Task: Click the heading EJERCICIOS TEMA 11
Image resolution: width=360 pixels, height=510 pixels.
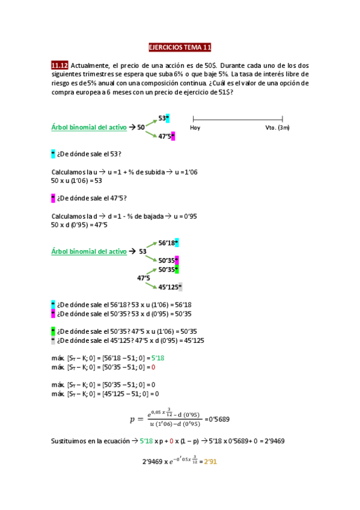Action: (x=180, y=48)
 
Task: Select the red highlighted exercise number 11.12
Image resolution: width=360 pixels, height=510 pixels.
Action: (x=59, y=65)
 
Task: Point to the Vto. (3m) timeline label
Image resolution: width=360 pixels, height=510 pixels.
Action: (x=277, y=127)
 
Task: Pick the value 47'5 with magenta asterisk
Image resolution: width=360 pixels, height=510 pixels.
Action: (x=165, y=137)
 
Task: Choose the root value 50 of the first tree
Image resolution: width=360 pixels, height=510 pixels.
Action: (x=141, y=127)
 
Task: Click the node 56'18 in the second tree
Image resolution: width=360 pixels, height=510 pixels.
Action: (x=166, y=243)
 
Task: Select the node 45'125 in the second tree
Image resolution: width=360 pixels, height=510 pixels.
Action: (x=169, y=287)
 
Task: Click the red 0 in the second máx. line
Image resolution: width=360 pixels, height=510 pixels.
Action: (x=153, y=367)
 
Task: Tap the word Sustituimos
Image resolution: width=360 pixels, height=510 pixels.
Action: (x=70, y=441)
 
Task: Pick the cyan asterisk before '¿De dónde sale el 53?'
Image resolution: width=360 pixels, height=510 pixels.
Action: (x=53, y=154)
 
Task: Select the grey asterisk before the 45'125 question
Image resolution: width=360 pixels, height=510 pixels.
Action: (x=53, y=340)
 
